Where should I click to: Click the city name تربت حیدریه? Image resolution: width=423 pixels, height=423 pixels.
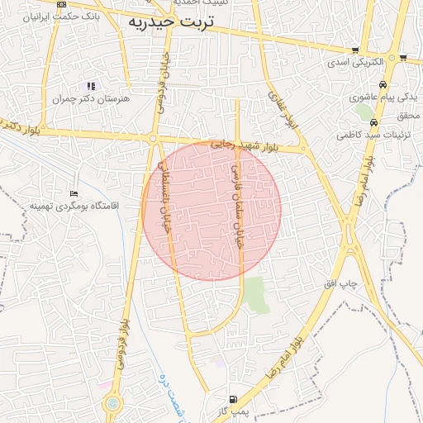(170, 23)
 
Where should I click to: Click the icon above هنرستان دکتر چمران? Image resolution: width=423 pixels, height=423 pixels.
(92, 86)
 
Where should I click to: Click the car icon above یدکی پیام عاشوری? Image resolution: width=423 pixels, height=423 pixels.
(383, 85)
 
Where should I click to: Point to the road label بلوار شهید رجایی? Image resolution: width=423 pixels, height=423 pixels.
(244, 145)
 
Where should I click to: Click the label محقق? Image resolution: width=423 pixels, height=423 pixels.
(408, 115)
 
